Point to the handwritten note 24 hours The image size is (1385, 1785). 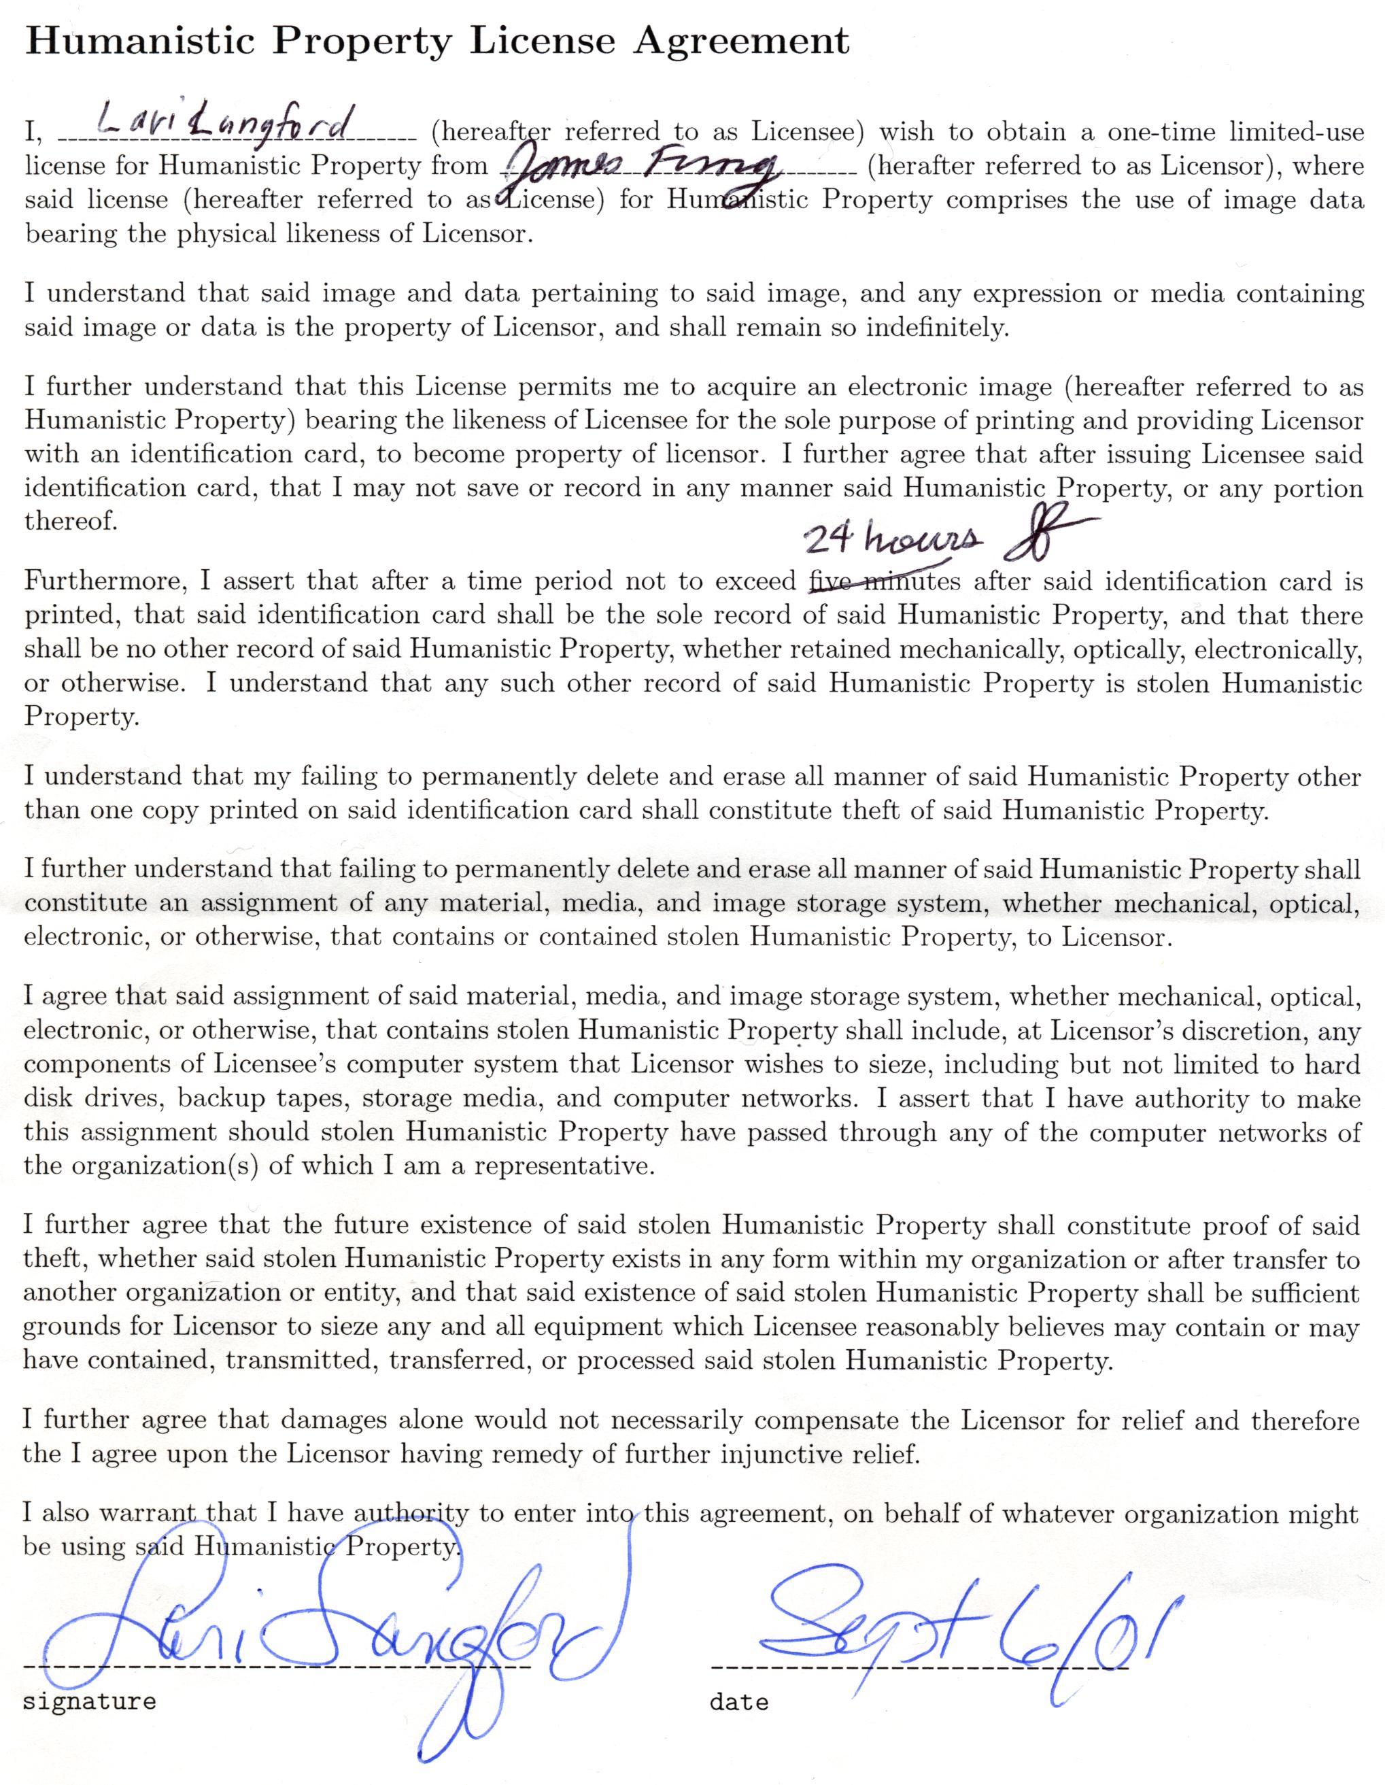(891, 539)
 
